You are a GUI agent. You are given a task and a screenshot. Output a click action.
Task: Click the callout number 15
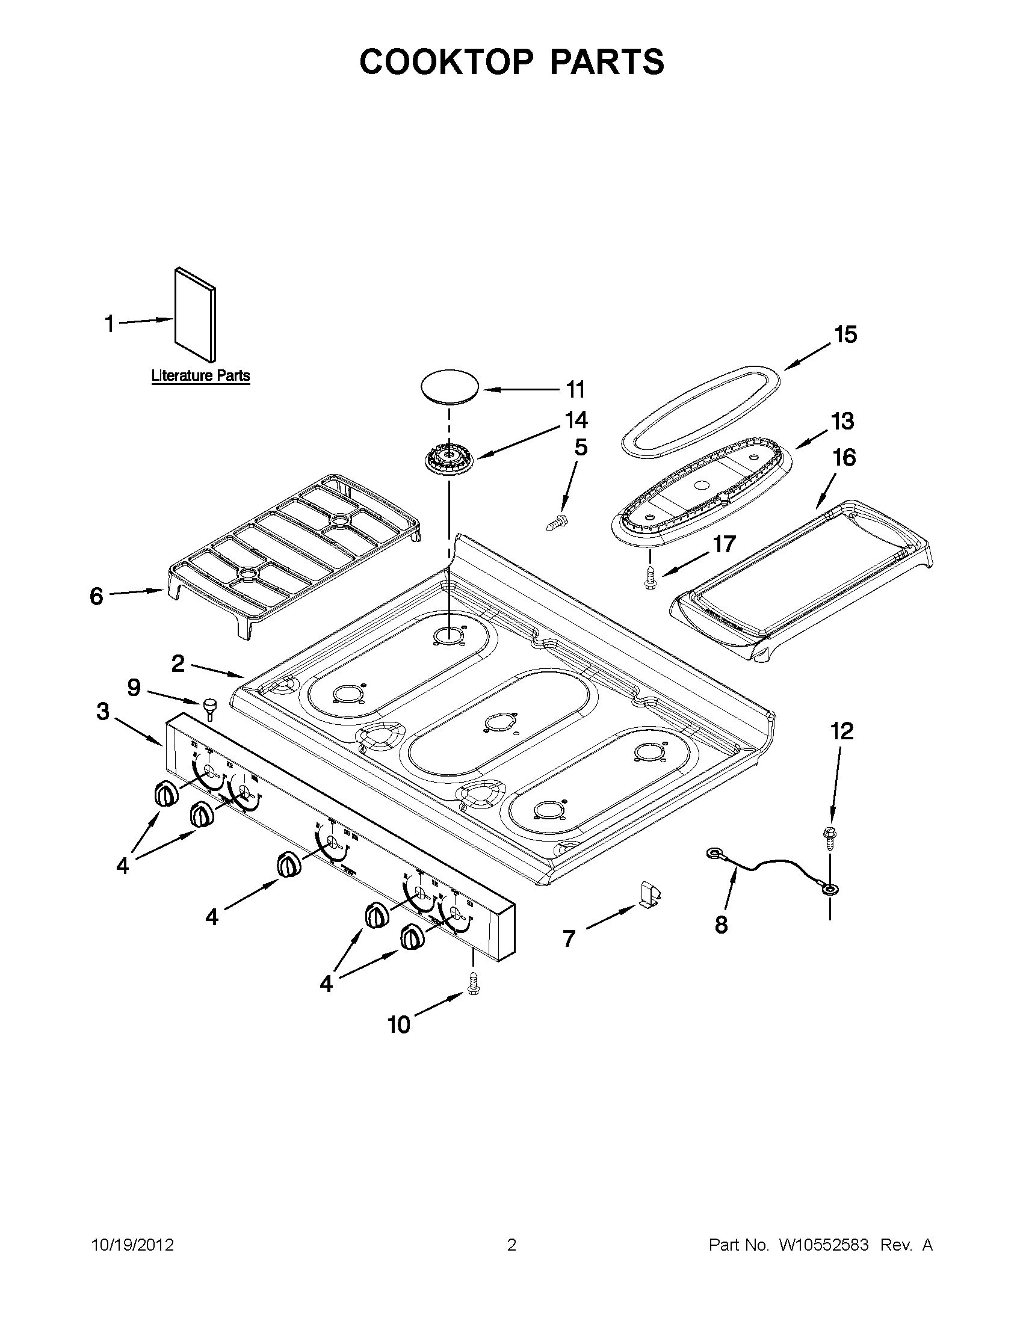tap(845, 334)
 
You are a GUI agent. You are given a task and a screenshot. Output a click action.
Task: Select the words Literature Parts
tap(200, 375)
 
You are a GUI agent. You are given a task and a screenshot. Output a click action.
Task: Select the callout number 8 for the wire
tap(721, 925)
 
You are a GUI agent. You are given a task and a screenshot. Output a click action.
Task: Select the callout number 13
tap(842, 420)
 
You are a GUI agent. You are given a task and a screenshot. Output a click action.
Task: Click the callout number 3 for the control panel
tap(103, 711)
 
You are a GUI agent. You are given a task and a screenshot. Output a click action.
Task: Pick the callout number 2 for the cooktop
tap(178, 664)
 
